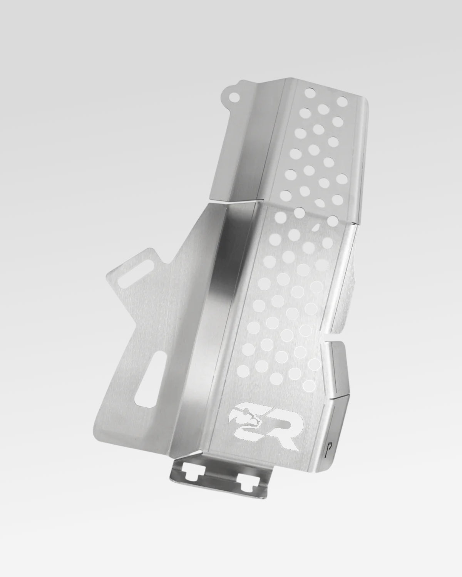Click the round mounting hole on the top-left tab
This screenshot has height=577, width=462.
point(234,97)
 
